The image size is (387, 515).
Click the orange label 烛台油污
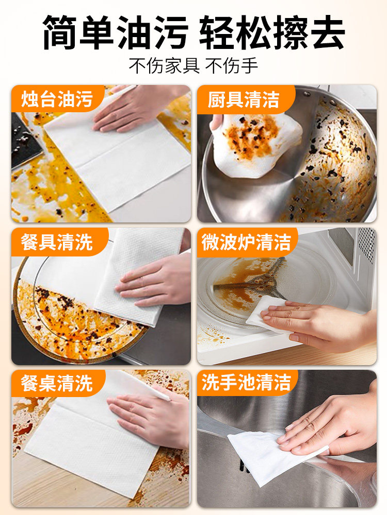pyautogui.click(x=57, y=99)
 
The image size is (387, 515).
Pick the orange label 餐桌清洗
pyautogui.click(x=57, y=383)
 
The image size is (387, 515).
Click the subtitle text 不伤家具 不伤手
pyautogui.click(x=193, y=66)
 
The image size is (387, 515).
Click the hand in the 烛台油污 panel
pyautogui.click(x=138, y=107)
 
